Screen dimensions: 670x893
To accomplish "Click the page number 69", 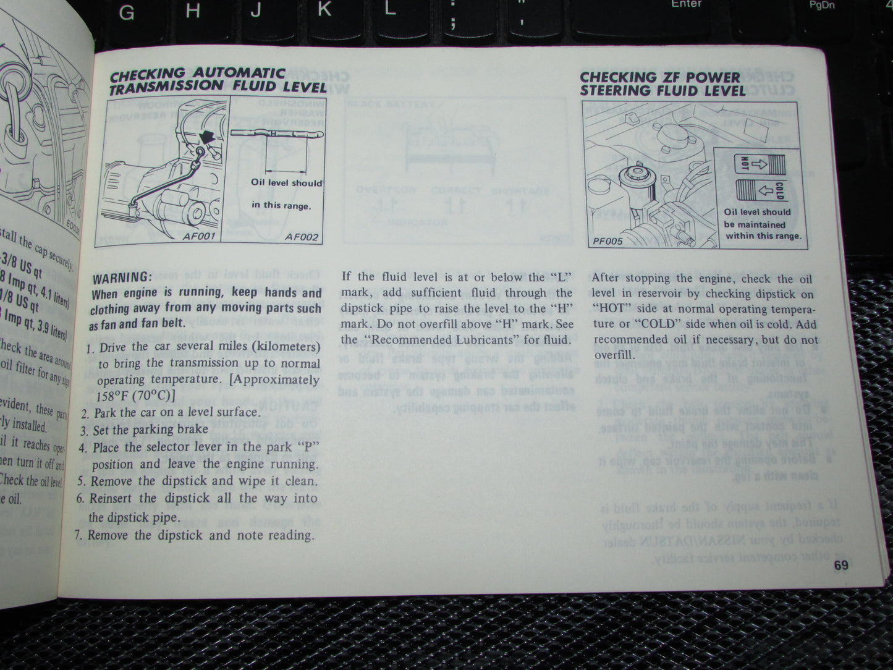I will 840,565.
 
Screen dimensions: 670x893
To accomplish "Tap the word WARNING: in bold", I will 122,276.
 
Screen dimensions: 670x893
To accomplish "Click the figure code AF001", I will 199,236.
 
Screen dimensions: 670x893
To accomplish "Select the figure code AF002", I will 301,237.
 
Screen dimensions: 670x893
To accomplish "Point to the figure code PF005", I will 607,241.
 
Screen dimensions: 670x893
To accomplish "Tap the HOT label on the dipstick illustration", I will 744,163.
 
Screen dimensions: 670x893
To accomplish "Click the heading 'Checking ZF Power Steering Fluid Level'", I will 662,84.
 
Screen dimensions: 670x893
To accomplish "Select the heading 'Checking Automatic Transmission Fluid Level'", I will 217,81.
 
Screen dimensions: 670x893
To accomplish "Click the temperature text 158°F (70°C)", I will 136,396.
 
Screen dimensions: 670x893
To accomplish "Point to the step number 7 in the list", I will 78,535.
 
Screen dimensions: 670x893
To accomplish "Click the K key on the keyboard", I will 324,9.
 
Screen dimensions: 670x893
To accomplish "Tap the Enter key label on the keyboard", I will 686,4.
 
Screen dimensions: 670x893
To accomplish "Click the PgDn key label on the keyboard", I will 822,5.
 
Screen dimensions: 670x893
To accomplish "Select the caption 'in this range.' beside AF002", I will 281,205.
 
